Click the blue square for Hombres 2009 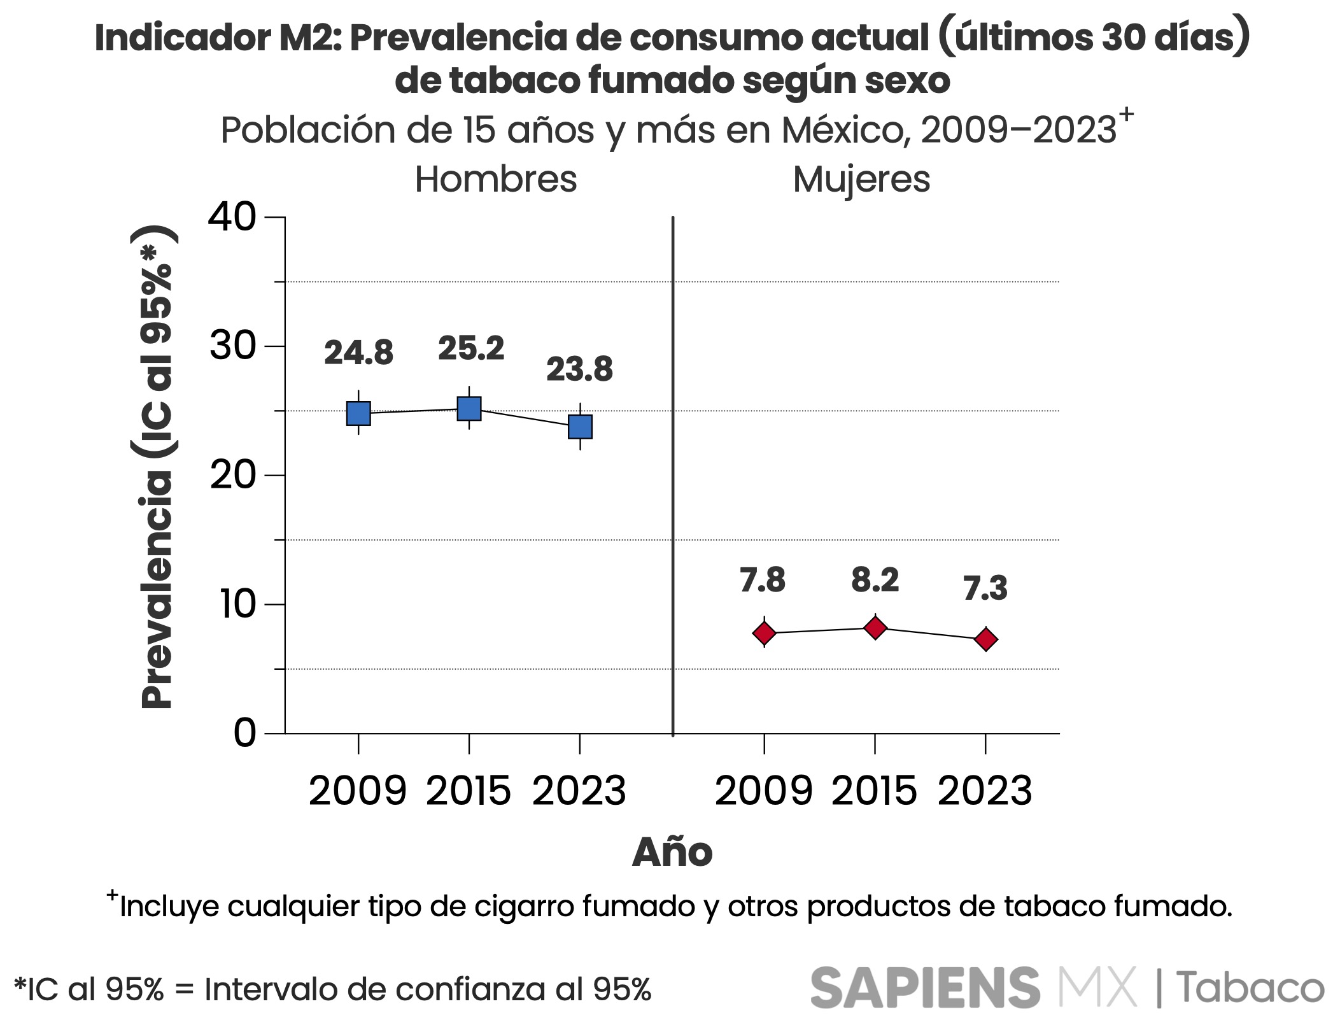pyautogui.click(x=358, y=413)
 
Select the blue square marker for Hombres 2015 pyautogui.click(x=469, y=408)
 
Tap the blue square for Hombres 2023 pyautogui.click(x=580, y=427)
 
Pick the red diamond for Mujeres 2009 pyautogui.click(x=764, y=633)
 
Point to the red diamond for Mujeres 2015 pyautogui.click(x=875, y=628)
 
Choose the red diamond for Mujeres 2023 pyautogui.click(x=986, y=639)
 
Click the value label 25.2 pyautogui.click(x=471, y=348)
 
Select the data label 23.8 pyautogui.click(x=579, y=369)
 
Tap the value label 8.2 pyautogui.click(x=875, y=580)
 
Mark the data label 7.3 pyautogui.click(x=985, y=588)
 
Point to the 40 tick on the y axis pyautogui.click(x=232, y=217)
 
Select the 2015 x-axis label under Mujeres pyautogui.click(x=875, y=791)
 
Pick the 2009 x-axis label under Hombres pyautogui.click(x=358, y=791)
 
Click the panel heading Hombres pyautogui.click(x=496, y=180)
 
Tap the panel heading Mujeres pyautogui.click(x=861, y=180)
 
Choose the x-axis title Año pyautogui.click(x=672, y=852)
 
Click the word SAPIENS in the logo pyautogui.click(x=925, y=988)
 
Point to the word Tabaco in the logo pyautogui.click(x=1250, y=988)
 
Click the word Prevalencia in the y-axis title pyautogui.click(x=157, y=589)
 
